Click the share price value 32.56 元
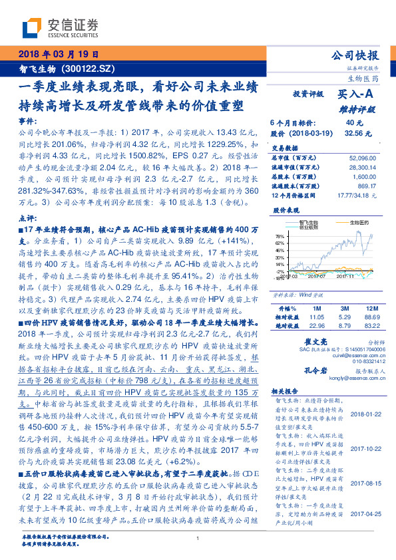coord(353,133)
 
